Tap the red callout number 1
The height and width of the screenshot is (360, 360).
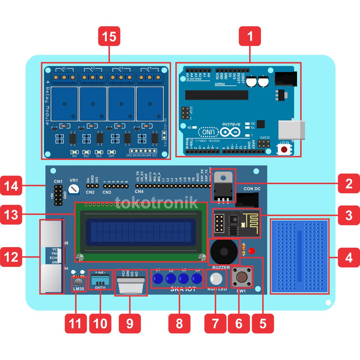point(250,37)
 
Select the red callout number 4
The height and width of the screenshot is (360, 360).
point(349,258)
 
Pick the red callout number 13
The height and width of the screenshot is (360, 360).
point(11,215)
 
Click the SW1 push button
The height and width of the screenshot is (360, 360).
point(242,277)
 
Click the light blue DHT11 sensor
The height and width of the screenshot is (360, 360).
point(100,279)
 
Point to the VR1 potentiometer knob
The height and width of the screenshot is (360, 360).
point(73,189)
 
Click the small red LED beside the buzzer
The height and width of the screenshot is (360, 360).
point(251,251)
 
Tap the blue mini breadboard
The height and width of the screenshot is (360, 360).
point(300,257)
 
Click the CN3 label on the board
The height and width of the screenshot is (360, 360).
point(107,192)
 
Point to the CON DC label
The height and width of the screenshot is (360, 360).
point(252,189)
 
